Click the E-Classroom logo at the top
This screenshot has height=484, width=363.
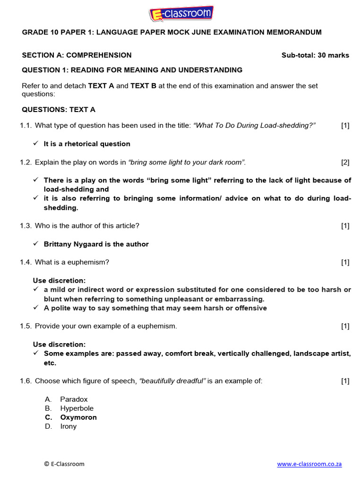tap(181, 13)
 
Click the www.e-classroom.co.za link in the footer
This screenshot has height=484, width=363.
tap(309, 464)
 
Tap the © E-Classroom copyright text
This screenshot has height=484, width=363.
tap(64, 464)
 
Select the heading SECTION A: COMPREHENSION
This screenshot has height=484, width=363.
tap(77, 55)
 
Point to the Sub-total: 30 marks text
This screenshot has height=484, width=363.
tap(315, 55)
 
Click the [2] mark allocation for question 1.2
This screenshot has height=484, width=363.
tap(345, 162)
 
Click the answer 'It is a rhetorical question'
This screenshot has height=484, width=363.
tap(87, 144)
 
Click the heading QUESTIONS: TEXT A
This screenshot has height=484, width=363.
tap(59, 110)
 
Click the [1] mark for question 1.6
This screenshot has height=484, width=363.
tap(345, 381)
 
